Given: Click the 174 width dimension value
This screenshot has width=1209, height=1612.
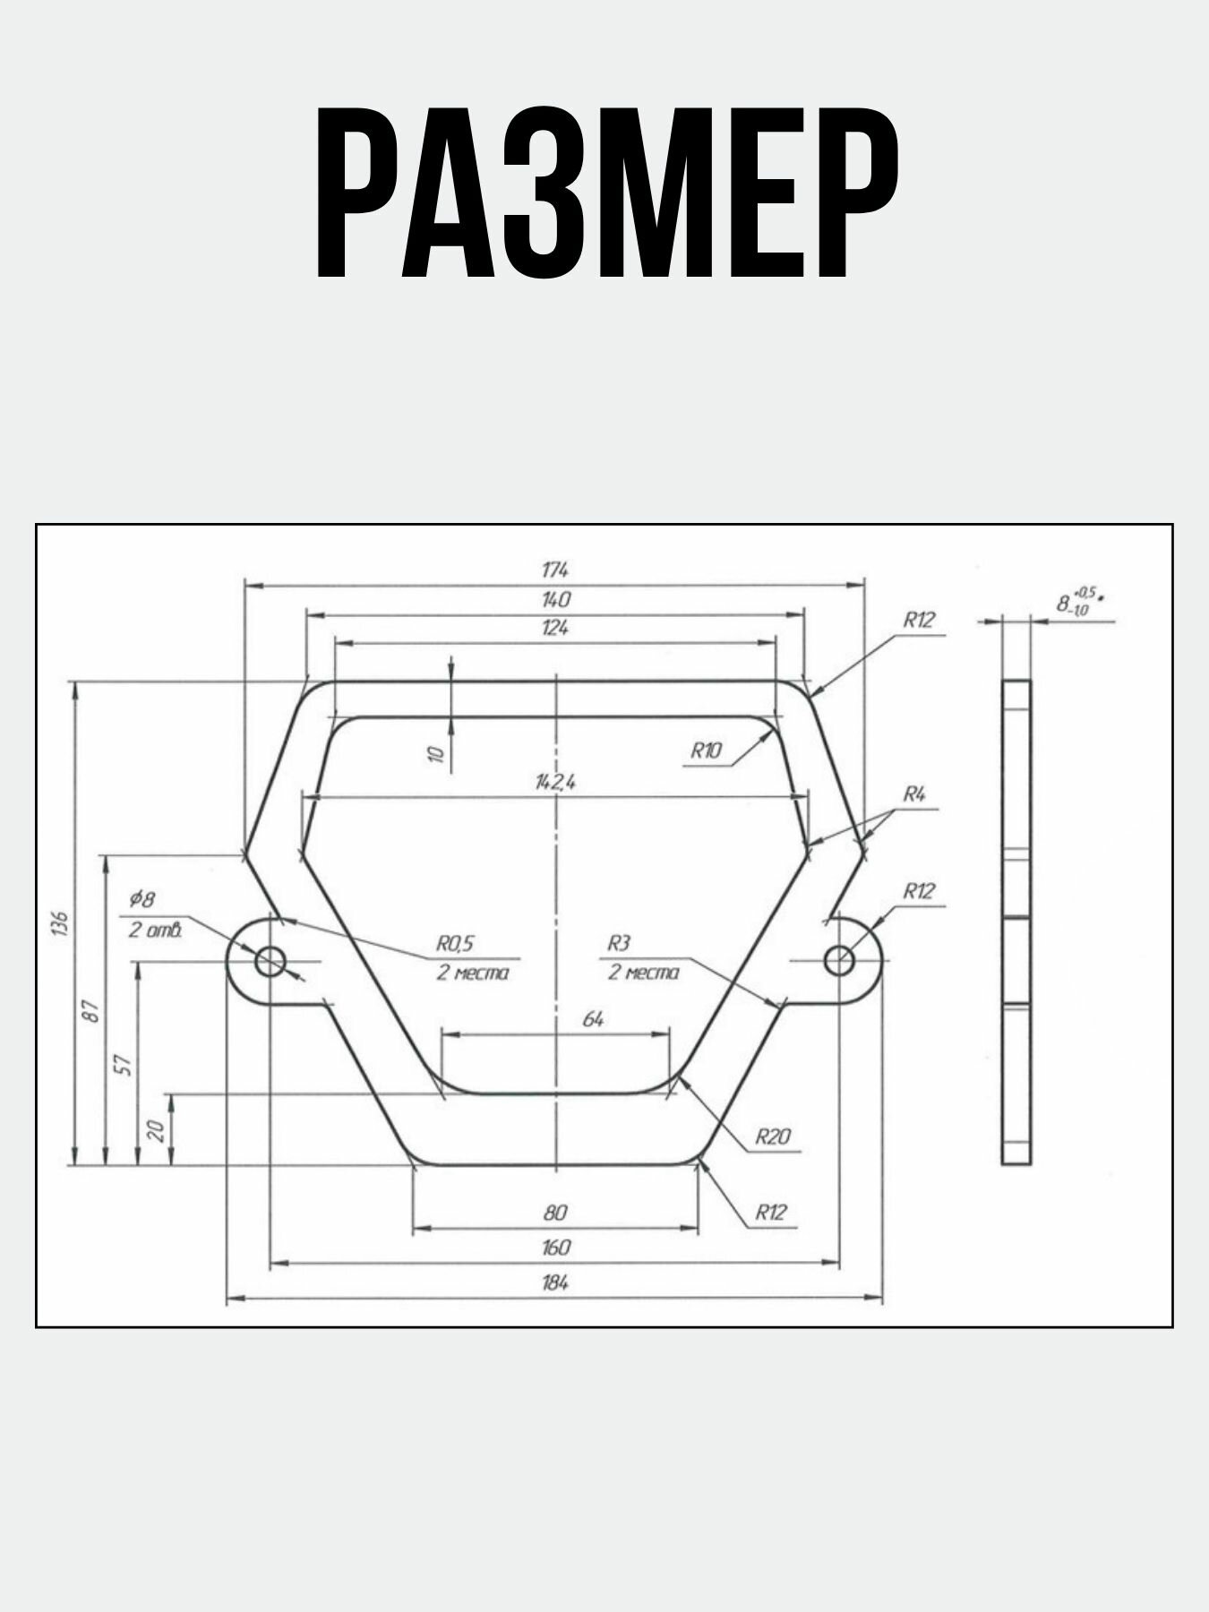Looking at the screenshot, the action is pos(555,570).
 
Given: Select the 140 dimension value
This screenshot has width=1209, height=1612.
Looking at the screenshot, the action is pos(555,599).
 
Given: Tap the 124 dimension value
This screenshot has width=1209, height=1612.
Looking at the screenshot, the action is pos(555,628).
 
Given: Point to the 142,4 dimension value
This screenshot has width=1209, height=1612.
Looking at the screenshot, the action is pos(555,782).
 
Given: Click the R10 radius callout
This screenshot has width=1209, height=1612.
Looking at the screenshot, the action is pos(706,751).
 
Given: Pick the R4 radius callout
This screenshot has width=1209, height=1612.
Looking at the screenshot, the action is pos(913,793).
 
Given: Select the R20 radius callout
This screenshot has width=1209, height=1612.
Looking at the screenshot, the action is pos(773,1137).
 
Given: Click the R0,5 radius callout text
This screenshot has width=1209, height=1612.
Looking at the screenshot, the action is pos(454,943).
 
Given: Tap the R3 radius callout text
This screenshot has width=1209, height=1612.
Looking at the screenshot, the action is pos(619,943).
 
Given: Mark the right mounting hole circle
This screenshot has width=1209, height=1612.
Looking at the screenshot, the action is pos(839,961).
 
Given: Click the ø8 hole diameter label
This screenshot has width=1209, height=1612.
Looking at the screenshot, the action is pos(142,898).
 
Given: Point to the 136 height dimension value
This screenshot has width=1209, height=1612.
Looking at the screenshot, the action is pos(59,923).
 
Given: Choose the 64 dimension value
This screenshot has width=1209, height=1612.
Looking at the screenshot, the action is pos(593,1019).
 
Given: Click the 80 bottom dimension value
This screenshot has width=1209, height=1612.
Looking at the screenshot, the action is pos(555,1213).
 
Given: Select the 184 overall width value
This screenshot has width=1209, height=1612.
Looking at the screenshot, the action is pos(555,1282).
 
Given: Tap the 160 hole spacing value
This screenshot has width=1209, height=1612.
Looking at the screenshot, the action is pos(555,1248).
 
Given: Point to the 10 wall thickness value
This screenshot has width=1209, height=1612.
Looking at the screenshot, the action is pos(436,753).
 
